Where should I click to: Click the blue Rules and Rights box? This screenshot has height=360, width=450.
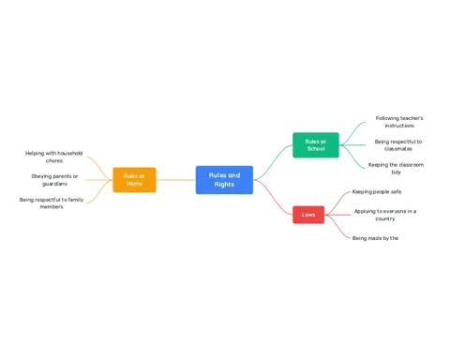(x=224, y=180)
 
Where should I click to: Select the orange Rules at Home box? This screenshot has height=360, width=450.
(x=134, y=180)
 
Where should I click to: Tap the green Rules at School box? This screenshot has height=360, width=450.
(x=316, y=145)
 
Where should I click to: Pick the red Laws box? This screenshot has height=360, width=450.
(x=308, y=215)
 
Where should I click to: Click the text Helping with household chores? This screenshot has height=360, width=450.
(x=54, y=157)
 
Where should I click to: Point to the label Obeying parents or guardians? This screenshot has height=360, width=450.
(x=54, y=180)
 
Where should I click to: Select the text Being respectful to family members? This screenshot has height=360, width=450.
(x=52, y=203)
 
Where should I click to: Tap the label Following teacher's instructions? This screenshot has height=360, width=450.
(x=399, y=122)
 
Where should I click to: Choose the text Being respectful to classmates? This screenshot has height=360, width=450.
(x=398, y=145)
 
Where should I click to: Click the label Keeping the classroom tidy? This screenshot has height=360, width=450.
(x=396, y=169)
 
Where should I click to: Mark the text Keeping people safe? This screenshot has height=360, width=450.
(x=377, y=191)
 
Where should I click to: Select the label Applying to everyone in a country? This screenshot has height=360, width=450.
(x=385, y=215)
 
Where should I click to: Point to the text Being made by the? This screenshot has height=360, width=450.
(x=375, y=238)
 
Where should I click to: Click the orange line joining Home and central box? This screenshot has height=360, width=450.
(x=176, y=180)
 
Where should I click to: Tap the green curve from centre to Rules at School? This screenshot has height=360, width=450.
(x=274, y=161)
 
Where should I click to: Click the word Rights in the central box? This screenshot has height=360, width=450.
(x=224, y=185)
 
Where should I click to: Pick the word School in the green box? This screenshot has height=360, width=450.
(x=316, y=149)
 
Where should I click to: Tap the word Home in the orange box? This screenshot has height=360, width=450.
(x=134, y=184)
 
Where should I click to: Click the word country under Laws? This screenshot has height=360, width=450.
(x=385, y=218)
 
